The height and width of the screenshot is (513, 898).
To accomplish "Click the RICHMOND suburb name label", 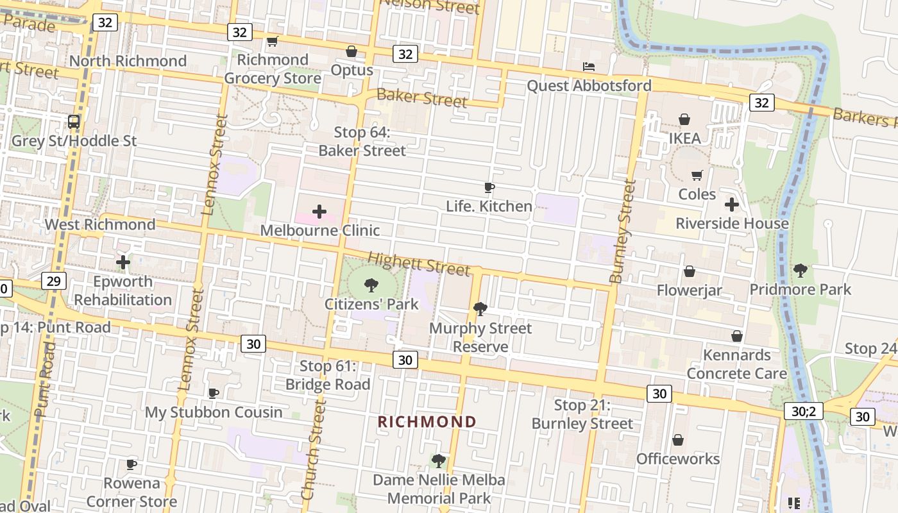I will coord(427,422).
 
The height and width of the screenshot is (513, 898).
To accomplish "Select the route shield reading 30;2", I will coord(803,411).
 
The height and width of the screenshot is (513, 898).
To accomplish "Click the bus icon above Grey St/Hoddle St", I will coord(74,122).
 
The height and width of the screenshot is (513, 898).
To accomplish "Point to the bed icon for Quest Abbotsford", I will coord(588,67).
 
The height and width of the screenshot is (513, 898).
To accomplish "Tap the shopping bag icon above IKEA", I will coord(684,119).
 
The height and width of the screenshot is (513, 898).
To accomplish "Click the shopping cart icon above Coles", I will coord(697,175).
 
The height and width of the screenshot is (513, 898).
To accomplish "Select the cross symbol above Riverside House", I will coord(732,205).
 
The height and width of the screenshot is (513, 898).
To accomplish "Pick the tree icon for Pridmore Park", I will coord(800,271).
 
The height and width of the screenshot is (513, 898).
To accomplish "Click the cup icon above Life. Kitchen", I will coord(489,188).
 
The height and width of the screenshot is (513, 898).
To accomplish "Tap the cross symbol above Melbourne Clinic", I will coord(319,212).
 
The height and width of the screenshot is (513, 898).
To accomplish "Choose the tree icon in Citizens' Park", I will coord(371,285).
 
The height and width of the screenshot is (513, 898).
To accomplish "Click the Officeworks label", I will coord(678,458).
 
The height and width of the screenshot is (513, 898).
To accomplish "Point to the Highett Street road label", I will coord(419,263).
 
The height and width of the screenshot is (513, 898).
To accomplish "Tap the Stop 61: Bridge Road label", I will coord(328,375).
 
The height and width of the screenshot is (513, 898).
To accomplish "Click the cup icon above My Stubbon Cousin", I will coord(214,393).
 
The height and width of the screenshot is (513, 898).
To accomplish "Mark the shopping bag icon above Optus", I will coord(352,51).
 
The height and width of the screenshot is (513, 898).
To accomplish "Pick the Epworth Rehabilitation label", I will coord(123,290).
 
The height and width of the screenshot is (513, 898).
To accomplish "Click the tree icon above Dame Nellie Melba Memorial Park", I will coord(439,460).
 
